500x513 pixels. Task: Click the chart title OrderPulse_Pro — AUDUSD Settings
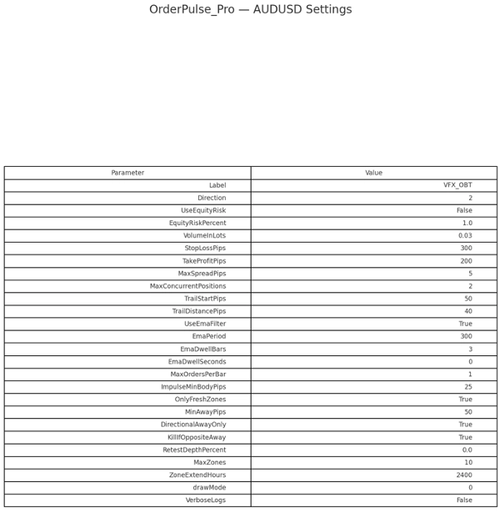click(250, 10)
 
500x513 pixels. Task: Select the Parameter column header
click(127, 173)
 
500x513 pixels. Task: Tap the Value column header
click(373, 173)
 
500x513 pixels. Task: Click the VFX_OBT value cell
click(457, 185)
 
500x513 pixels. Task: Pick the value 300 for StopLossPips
click(466, 249)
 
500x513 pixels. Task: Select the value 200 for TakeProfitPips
click(466, 261)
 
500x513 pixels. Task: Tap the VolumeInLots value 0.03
click(465, 236)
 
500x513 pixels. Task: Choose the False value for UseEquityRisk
click(464, 211)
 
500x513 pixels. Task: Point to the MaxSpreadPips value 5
click(470, 274)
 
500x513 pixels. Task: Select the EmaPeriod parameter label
click(209, 336)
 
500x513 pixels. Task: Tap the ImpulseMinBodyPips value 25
click(468, 387)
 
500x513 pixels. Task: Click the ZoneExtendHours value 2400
click(464, 475)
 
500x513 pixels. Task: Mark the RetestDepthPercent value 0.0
click(467, 450)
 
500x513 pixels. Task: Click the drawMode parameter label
click(209, 487)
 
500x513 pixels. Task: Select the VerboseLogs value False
click(464, 500)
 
